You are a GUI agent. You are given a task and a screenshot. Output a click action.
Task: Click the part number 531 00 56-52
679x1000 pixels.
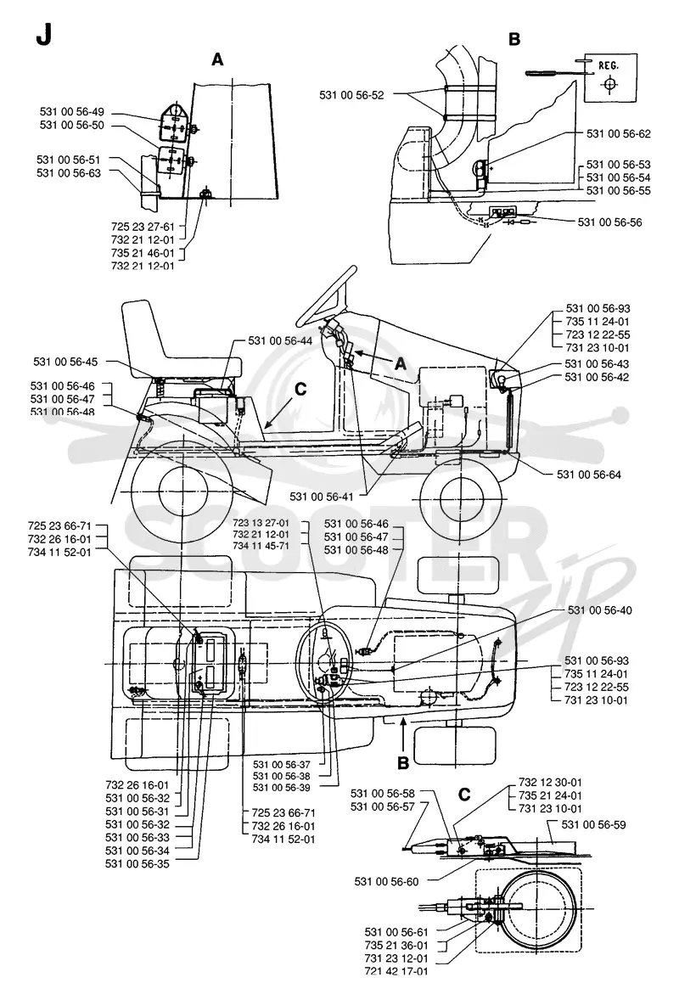351,95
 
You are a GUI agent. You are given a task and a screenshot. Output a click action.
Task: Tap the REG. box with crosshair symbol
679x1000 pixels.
610,77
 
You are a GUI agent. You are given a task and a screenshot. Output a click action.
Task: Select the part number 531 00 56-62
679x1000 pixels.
619,134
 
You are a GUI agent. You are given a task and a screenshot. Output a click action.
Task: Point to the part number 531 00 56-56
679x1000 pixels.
609,222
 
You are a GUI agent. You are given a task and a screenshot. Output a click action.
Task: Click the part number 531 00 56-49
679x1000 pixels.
71,112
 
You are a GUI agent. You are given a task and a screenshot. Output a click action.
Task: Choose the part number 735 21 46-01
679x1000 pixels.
143,253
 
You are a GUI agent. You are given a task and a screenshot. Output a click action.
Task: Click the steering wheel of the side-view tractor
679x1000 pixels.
325,296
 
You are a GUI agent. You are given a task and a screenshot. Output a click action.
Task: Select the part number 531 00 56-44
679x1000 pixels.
281,341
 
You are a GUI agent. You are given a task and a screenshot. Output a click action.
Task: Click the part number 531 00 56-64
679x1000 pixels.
588,475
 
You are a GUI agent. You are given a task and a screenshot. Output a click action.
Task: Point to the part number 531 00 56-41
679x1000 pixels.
322,496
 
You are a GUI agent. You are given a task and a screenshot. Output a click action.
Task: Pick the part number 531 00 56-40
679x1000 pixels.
599,610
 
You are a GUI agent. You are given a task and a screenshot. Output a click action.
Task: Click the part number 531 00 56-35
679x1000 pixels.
137,864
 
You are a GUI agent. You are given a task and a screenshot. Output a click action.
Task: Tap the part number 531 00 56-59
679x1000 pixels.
593,824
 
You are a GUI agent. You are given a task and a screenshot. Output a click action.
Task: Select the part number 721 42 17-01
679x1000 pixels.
396,972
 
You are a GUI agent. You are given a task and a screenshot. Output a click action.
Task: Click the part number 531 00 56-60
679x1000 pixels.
386,882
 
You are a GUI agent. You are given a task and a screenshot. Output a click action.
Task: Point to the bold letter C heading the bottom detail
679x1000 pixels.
464,795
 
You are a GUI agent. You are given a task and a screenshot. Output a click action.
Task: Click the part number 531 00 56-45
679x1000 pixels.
65,362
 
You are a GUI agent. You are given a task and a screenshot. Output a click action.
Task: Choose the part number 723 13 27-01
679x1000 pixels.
261,522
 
